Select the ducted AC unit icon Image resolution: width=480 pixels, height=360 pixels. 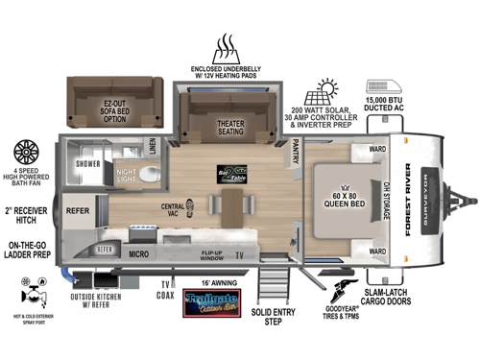pos(391,84)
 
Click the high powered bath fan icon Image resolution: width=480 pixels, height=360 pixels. pos(26,155)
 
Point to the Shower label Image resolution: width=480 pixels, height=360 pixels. pos(89,162)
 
